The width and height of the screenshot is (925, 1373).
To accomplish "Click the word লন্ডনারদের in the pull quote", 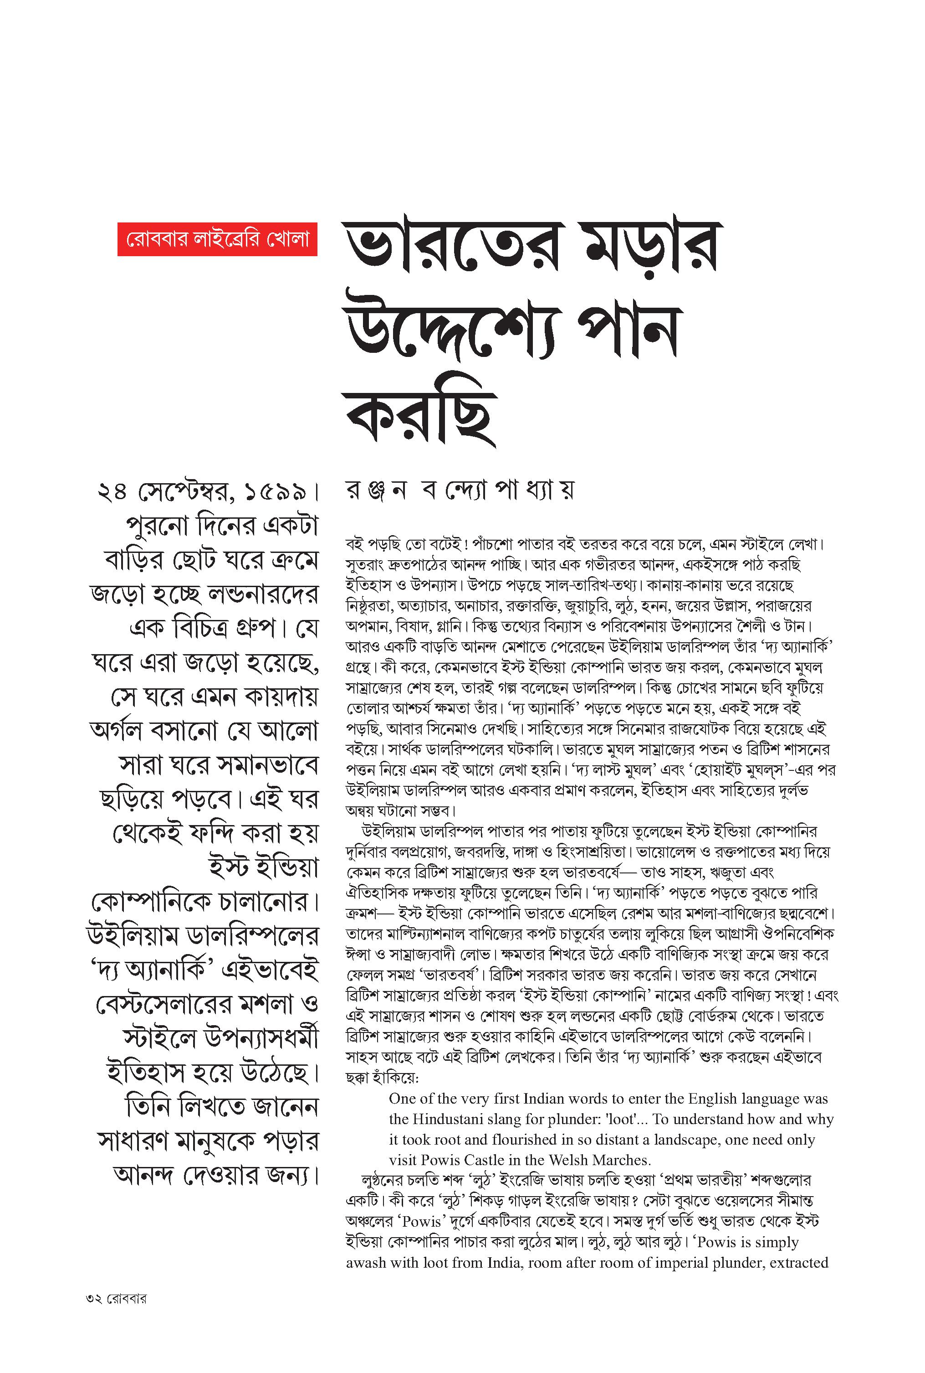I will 260,594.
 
